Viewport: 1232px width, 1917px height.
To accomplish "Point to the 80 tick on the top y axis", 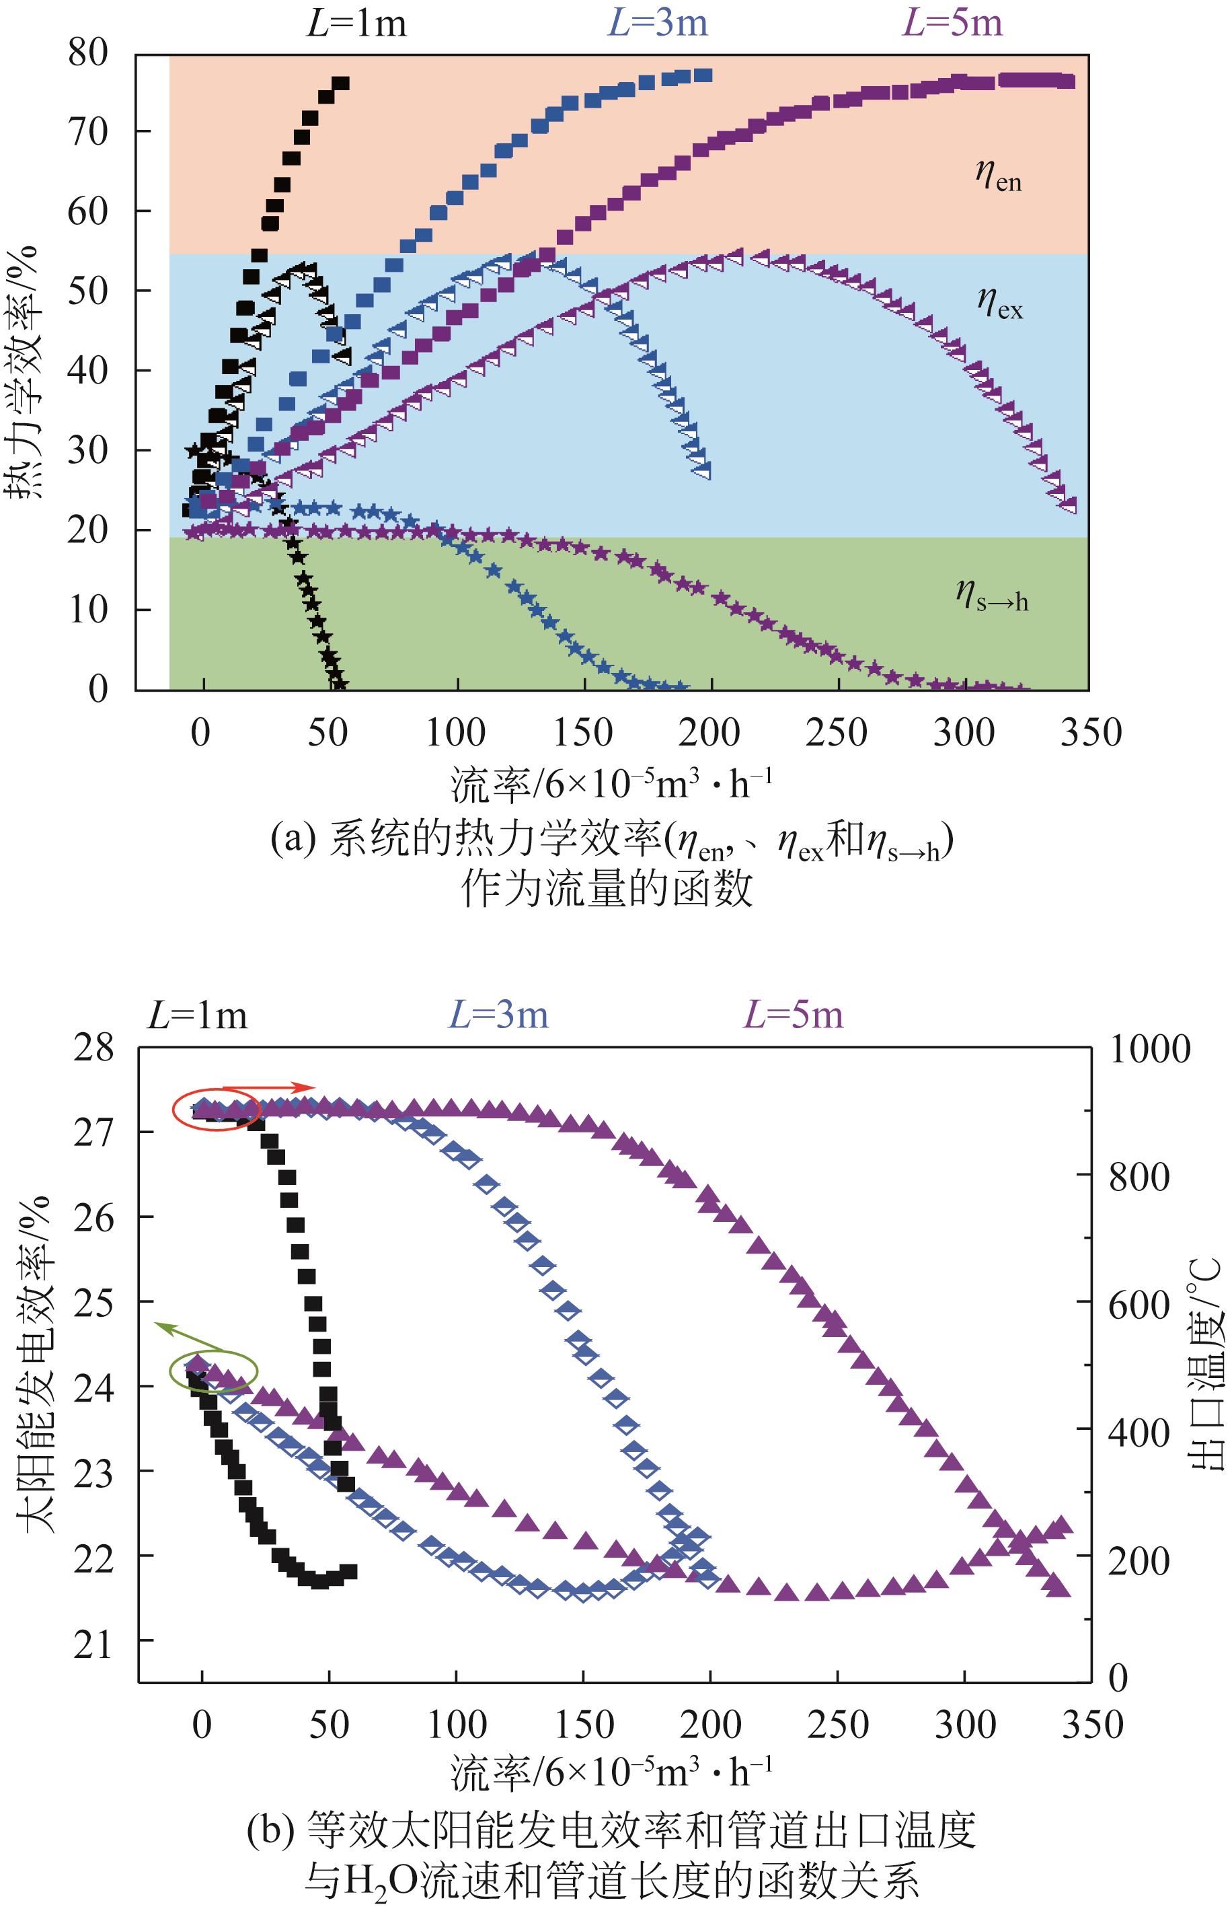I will click(87, 54).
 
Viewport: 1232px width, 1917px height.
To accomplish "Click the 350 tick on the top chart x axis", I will click(1090, 732).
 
